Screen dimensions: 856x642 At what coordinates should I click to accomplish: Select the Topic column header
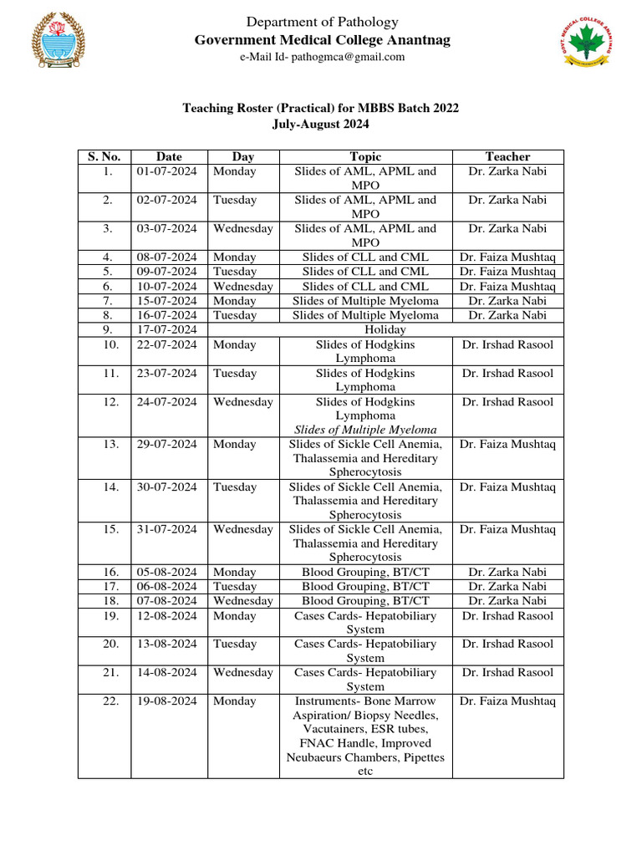coord(365,156)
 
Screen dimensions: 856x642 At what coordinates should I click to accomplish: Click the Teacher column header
coord(507,156)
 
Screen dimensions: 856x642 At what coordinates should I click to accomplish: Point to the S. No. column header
coord(104,156)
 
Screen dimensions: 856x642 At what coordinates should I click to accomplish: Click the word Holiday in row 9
coord(365,329)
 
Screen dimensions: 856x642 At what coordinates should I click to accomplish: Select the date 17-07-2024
coord(167,329)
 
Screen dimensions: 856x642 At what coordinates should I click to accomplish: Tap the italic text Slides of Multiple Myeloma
coord(365,430)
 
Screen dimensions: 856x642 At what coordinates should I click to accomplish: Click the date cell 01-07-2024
coord(167,171)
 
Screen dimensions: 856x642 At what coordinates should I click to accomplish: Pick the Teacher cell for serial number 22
coord(507,701)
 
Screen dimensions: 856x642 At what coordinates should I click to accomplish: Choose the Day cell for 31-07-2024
coord(242,529)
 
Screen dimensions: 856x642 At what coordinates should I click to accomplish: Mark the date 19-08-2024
coord(167,701)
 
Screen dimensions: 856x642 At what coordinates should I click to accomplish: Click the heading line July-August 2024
coord(321,124)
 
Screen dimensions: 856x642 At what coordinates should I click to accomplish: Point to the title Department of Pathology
coord(321,23)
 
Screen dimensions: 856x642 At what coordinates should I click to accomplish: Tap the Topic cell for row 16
coord(365,572)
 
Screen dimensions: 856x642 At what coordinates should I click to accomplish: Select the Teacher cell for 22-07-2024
coord(507,344)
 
